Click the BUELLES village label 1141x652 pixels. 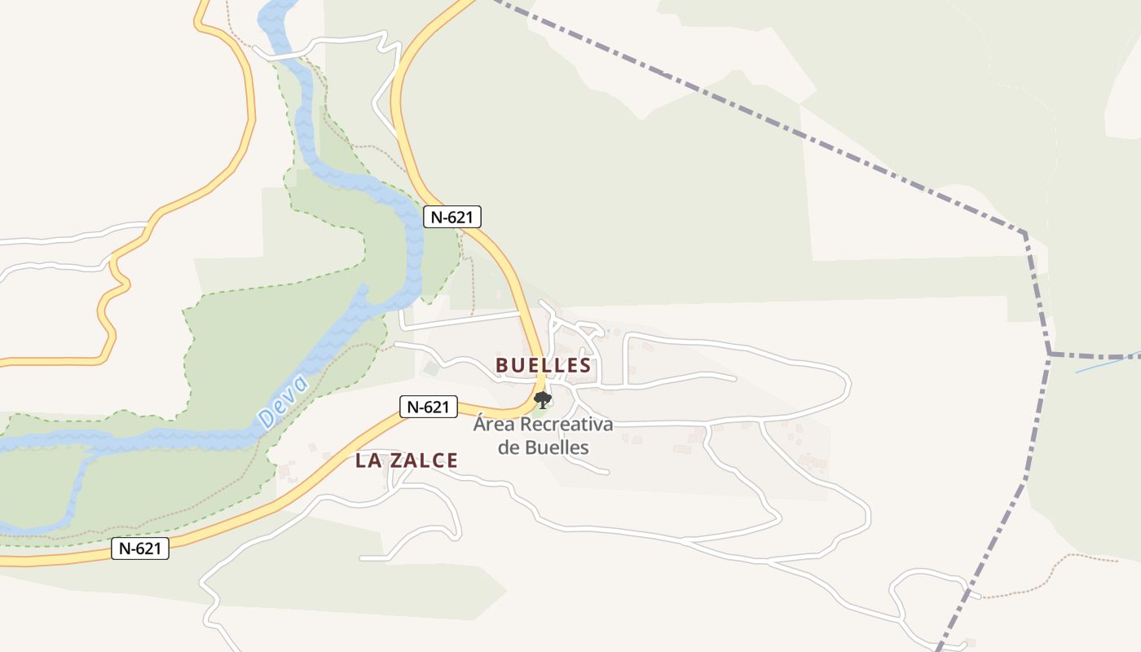[x=543, y=365]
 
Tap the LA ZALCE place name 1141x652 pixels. [x=406, y=460]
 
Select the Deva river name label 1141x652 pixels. [x=284, y=402]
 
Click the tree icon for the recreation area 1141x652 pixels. [x=542, y=399]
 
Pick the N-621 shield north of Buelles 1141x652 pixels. [x=452, y=217]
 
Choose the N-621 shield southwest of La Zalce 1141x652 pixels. [x=139, y=548]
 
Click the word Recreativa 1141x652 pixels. [x=566, y=425]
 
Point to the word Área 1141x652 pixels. [x=494, y=425]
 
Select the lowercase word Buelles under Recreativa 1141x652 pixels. [x=556, y=447]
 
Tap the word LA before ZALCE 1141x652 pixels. [x=368, y=460]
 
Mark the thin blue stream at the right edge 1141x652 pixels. [x=1108, y=363]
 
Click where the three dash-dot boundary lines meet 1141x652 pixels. [x=1050, y=355]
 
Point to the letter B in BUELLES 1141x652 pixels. [x=502, y=365]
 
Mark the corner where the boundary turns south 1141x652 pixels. [x=1024, y=233]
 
